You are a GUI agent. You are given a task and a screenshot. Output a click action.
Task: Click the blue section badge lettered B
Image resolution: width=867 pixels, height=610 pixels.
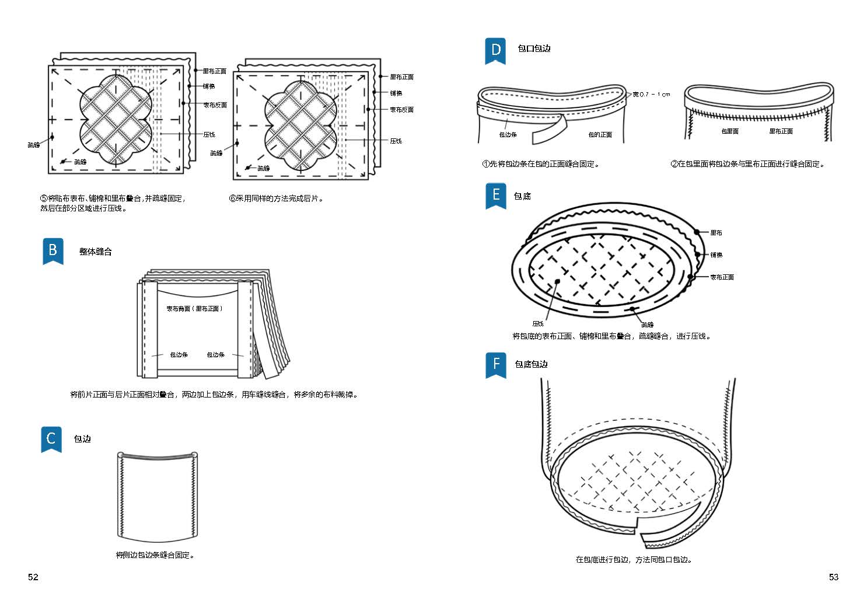pos(53,251)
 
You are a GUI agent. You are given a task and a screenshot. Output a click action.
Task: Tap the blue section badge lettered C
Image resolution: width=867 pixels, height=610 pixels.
pos(51,438)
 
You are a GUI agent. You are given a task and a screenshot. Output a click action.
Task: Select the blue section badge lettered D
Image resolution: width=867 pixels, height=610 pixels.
pos(495,50)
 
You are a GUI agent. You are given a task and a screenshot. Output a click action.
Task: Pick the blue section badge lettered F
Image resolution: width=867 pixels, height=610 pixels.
pos(495,364)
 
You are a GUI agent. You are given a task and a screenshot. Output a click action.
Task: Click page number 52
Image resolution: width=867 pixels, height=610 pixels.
pos(33,577)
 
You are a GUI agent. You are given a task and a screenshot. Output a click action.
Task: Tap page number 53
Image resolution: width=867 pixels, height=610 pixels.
pos(833,577)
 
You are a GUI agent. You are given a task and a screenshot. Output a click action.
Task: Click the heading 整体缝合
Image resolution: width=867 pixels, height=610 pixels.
pos(95,252)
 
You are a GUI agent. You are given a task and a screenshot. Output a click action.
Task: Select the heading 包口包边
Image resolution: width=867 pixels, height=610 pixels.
pos(534,48)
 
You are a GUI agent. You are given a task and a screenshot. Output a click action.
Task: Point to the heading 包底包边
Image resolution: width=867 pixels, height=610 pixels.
pos(531,364)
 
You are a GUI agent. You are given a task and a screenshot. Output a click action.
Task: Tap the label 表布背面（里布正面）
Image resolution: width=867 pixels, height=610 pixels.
pos(194,309)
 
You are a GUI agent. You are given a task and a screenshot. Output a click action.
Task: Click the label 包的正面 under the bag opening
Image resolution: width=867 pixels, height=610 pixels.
pos(600,135)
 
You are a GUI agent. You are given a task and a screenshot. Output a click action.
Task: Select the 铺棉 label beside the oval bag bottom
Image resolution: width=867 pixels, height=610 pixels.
pos(716,255)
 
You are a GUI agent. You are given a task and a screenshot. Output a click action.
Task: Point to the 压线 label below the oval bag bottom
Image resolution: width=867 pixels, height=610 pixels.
pos(537,323)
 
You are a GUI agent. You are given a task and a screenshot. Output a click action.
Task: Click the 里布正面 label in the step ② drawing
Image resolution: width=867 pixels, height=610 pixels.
pos(781,131)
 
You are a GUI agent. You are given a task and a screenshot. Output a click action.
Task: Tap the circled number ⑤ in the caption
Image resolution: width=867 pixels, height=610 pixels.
pos(44,198)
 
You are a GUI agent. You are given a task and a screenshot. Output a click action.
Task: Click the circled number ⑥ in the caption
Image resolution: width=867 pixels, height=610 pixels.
pos(232,198)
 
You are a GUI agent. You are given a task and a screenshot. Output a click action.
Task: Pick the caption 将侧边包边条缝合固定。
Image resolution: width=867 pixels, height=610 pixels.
pos(155,555)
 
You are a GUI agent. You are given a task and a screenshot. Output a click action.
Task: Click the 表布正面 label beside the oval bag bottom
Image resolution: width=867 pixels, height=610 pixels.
pos(722,277)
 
